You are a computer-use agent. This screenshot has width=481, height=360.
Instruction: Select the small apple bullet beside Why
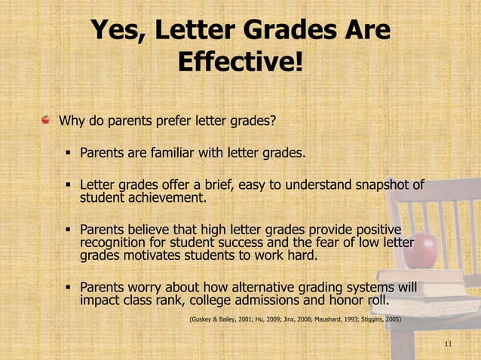pos(47,119)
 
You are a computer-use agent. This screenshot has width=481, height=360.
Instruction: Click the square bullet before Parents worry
pos(68,288)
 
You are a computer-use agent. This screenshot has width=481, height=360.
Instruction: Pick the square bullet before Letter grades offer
pos(68,185)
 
